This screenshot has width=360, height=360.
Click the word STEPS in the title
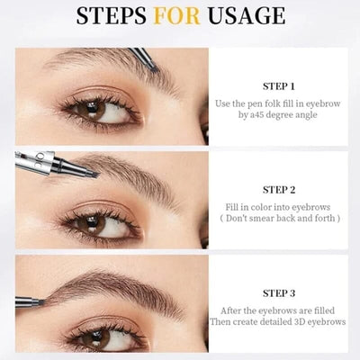click(x=115, y=17)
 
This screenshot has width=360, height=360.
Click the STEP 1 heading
click(x=279, y=87)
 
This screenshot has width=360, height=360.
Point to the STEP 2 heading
click(x=279, y=190)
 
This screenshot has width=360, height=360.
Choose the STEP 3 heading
click(x=279, y=293)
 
